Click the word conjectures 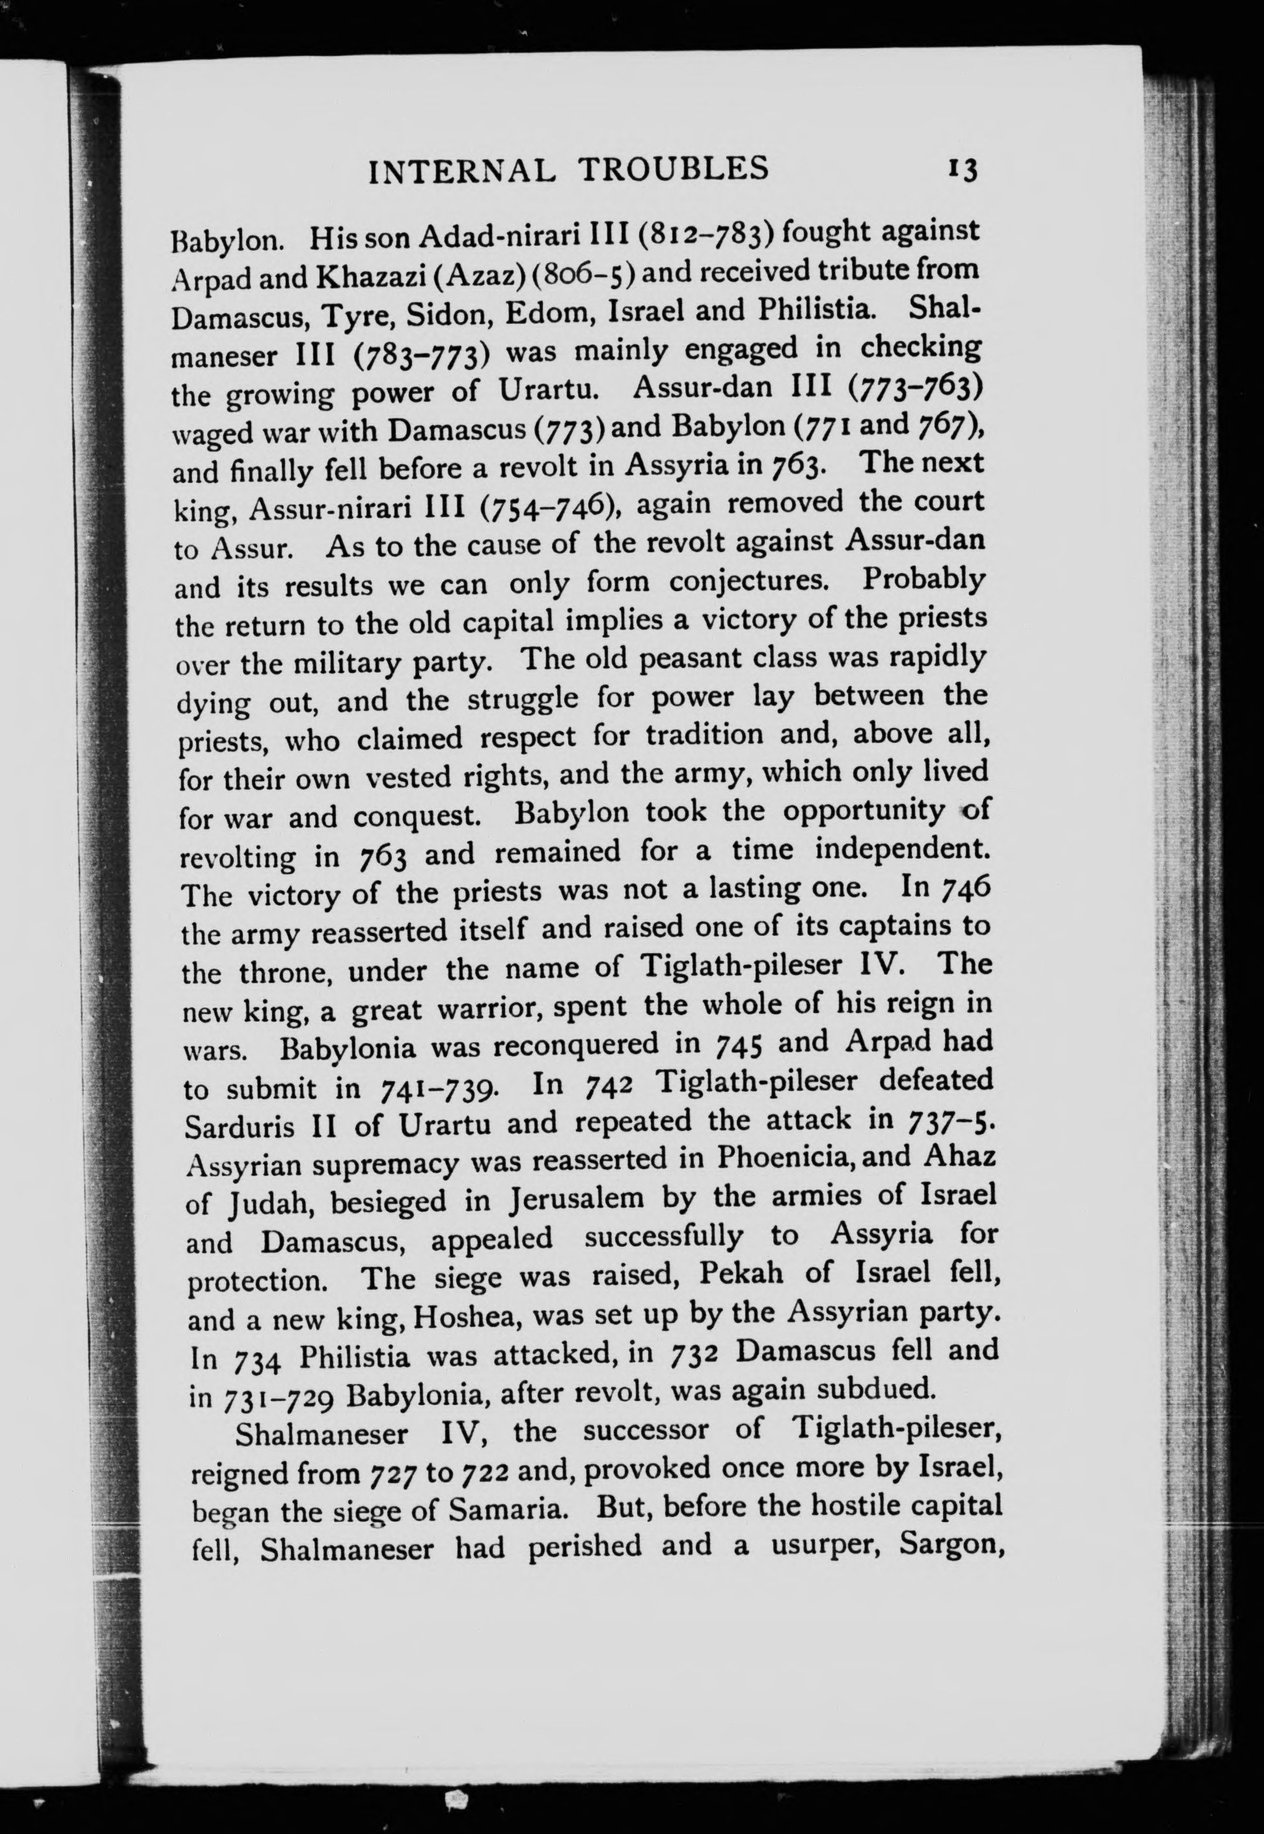pos(749,581)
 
